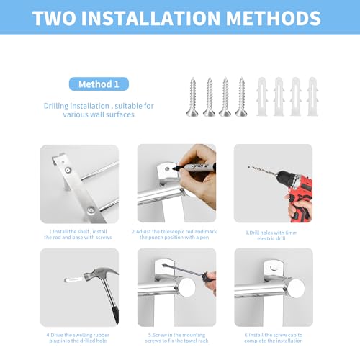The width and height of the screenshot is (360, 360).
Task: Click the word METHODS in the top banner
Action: coord(274,18)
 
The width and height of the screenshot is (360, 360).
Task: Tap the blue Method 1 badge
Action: coord(99,84)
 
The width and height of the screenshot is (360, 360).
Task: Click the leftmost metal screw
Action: coord(192,97)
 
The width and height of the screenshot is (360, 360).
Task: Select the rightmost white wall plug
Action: coord(312,96)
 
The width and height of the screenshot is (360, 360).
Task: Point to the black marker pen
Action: coord(194,167)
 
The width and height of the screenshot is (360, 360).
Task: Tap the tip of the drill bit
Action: coord(248,167)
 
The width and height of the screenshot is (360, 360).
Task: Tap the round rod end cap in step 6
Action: coord(297,288)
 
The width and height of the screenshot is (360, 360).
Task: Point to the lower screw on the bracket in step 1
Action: coord(91,210)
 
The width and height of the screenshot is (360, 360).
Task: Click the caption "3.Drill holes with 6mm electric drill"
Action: coord(271,235)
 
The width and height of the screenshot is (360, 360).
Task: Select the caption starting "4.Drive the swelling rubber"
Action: coord(78,338)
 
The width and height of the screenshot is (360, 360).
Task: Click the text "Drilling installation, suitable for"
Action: coord(99,106)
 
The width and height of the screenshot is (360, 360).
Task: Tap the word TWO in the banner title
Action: coord(55,18)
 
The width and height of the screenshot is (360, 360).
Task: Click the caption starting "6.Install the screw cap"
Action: coord(274,338)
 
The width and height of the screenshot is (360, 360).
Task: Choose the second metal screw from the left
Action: coord(209,97)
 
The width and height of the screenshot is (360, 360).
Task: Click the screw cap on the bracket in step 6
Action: coord(273,267)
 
